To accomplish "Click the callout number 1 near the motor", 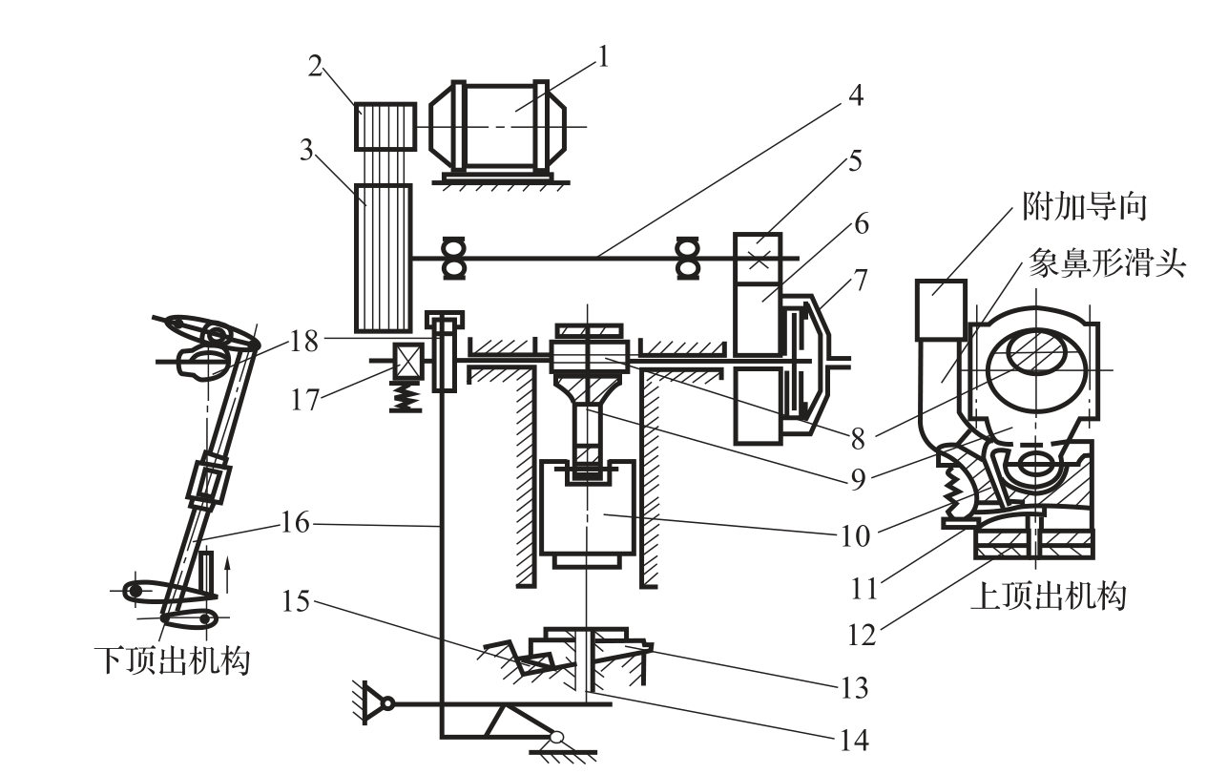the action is coord(603,56).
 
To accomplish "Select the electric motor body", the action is coord(497,127).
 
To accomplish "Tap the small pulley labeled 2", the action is coord(385,126).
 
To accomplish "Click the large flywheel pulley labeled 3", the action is coord(384,258).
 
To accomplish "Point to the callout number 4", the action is coord(855,95).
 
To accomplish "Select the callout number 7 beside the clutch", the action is coord(861,280).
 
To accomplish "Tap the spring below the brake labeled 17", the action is coord(406,398).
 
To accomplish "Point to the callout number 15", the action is coord(296,600).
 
